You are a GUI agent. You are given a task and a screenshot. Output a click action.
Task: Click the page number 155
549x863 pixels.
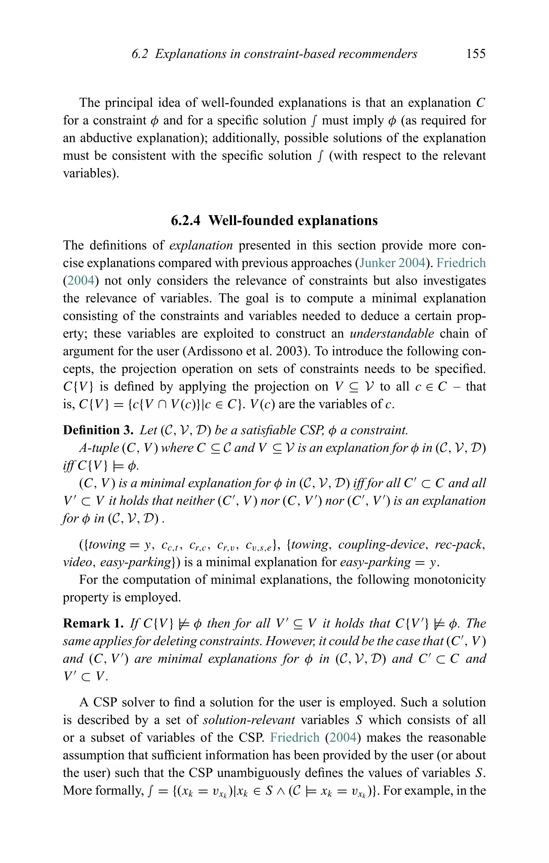point(476,54)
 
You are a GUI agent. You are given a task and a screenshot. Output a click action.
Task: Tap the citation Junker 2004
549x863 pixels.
point(392,263)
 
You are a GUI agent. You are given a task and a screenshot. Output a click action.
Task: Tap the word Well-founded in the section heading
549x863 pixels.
point(250,220)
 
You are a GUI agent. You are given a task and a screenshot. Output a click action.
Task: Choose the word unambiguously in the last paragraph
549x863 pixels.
point(276,772)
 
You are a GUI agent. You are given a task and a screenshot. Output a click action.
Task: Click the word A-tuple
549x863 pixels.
point(99,448)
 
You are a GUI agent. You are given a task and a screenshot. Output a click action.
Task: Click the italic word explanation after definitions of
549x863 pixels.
point(201,246)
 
